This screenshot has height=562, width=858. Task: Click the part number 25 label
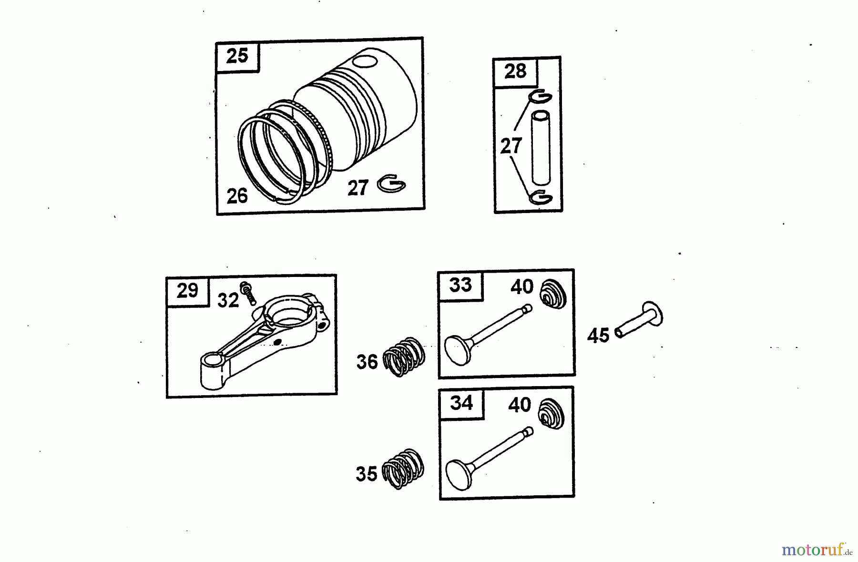point(237,56)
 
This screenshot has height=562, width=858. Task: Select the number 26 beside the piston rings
point(237,196)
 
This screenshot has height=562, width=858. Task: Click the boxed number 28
point(515,72)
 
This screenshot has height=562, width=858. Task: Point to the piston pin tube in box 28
point(541,147)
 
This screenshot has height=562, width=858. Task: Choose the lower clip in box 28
point(541,196)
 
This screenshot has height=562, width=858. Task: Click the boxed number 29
point(187,290)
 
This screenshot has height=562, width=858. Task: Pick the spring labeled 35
point(403,469)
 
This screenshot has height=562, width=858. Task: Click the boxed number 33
point(460,285)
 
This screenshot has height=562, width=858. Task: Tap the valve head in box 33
point(459,350)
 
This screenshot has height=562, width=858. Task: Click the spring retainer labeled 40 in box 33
point(553,294)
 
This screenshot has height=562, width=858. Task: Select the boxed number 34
point(461,403)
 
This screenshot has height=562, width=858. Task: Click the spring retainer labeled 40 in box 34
point(552,413)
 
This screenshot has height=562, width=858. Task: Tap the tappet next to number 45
point(639,319)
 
